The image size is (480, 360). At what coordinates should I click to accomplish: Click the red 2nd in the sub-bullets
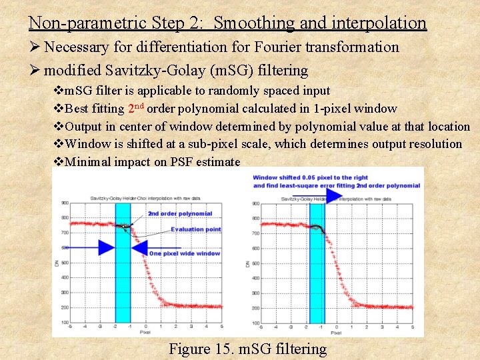tap(134, 107)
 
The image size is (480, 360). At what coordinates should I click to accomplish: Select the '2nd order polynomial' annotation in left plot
tap(179, 214)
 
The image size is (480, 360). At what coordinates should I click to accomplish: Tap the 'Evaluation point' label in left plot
tap(195, 229)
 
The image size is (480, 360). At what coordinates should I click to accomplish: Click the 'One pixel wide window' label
tap(185, 253)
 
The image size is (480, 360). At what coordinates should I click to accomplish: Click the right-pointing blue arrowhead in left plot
tap(106, 247)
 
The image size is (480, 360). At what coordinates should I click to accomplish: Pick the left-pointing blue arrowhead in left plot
tap(139, 248)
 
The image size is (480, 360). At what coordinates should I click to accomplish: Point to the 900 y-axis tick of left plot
tap(65, 203)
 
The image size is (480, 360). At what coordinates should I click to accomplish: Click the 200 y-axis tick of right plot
tap(257, 308)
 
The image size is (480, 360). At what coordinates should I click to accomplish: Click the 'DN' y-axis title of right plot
tap(247, 263)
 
